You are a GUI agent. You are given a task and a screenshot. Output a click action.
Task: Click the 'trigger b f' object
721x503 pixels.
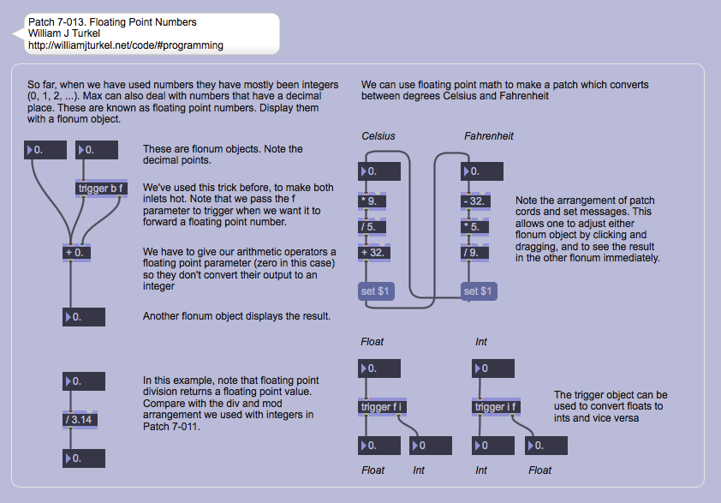(102, 189)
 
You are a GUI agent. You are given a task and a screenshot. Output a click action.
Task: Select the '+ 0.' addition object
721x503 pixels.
(76, 253)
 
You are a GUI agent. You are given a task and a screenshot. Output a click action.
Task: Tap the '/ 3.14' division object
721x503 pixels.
(84, 420)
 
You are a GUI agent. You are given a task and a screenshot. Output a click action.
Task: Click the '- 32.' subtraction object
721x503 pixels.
(476, 202)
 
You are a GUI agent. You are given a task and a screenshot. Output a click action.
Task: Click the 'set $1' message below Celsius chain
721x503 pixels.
(375, 291)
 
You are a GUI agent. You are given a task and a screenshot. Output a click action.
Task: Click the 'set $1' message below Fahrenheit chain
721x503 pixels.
(478, 291)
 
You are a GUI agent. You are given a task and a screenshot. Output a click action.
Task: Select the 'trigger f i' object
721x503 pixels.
(380, 407)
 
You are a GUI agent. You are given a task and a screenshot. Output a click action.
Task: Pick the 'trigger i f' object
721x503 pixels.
(496, 407)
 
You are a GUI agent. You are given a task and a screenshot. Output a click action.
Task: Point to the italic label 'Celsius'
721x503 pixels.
(378, 136)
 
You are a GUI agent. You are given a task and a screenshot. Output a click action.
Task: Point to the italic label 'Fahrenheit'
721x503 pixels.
(489, 136)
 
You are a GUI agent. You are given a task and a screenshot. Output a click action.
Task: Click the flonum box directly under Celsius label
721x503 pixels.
(379, 171)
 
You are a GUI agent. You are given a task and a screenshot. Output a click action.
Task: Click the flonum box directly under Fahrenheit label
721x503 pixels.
(482, 171)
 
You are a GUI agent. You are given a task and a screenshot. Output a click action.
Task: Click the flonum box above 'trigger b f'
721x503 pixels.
(97, 151)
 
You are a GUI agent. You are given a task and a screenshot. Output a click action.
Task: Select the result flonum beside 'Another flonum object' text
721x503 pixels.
(84, 317)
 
